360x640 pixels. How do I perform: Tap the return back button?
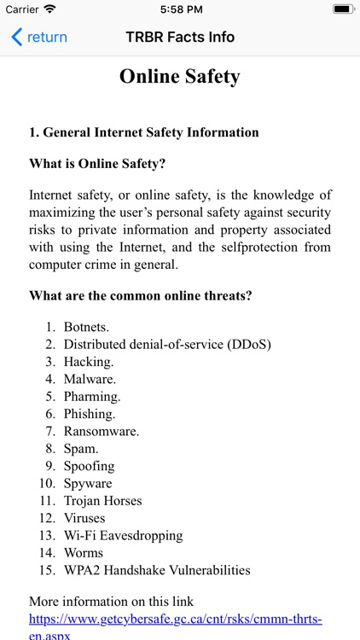coord(38,37)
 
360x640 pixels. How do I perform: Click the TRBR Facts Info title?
coord(180,37)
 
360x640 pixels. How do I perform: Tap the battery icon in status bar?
coord(343,9)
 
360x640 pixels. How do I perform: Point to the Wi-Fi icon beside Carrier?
coord(49,9)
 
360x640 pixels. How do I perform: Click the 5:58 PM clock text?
coord(180,9)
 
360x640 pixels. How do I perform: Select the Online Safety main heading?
coord(180,77)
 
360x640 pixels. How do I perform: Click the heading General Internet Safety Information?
coord(144,132)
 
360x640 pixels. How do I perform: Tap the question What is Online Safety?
coord(97,163)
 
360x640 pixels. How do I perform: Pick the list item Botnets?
coord(86,327)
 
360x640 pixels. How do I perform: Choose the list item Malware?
coord(90,379)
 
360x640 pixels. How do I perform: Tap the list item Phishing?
coord(89,414)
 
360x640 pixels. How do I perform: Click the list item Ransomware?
coord(101,431)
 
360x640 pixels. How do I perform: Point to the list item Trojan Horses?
coord(102,501)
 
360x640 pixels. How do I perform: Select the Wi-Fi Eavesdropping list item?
coord(123,535)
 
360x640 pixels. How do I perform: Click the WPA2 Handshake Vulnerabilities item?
coord(157,570)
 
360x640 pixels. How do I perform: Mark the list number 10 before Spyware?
coord(49,483)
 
